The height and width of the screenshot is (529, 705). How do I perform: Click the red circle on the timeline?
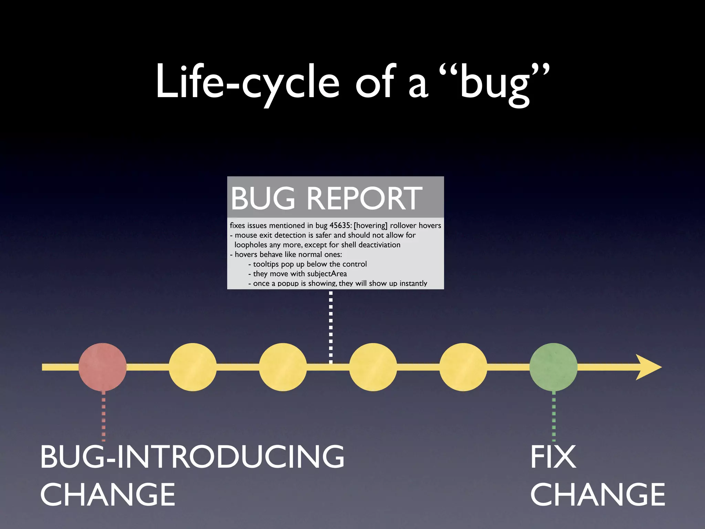pyautogui.click(x=103, y=367)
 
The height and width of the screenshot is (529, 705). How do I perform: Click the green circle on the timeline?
pyautogui.click(x=554, y=367)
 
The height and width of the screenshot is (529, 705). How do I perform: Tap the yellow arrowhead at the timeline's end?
pyautogui.click(x=649, y=367)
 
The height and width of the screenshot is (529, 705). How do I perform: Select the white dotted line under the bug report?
pyautogui.click(x=331, y=327)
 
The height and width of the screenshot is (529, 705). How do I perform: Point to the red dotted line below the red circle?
pyautogui.click(x=104, y=417)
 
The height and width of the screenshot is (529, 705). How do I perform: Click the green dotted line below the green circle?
pyautogui.click(x=554, y=417)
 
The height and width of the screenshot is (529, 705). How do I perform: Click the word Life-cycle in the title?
pyautogui.click(x=248, y=83)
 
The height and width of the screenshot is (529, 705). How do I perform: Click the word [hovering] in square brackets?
pyautogui.click(x=370, y=226)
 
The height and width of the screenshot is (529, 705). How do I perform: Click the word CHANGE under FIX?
pyautogui.click(x=598, y=495)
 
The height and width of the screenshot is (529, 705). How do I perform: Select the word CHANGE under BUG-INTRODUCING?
pyautogui.click(x=108, y=495)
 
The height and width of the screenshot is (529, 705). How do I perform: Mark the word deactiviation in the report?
pyautogui.click(x=380, y=245)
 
